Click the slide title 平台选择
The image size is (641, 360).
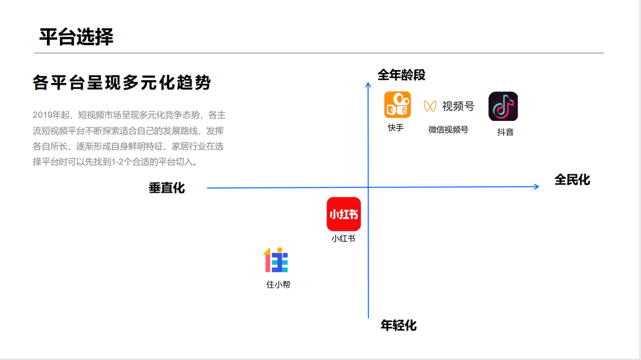[76, 37]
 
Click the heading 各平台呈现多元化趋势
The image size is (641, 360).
[122, 83]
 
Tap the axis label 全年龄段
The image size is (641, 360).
[401, 75]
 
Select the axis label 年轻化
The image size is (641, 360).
[398, 325]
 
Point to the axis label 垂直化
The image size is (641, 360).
[167, 188]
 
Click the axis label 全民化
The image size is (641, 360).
[572, 180]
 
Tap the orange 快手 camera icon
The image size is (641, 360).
[397, 105]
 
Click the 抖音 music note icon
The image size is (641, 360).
[503, 107]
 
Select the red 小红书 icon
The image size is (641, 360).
[344, 214]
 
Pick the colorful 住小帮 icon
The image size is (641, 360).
[275, 260]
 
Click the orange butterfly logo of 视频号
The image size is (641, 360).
[430, 106]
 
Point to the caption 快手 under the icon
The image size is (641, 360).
[396, 128]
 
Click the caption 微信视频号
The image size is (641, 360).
[448, 129]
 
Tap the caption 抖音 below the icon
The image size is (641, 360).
[505, 132]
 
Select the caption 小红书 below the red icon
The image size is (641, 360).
[343, 238]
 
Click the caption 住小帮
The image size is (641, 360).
[278, 285]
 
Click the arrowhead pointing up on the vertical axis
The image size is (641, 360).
[368, 85]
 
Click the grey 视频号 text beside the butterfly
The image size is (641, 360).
[458, 106]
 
